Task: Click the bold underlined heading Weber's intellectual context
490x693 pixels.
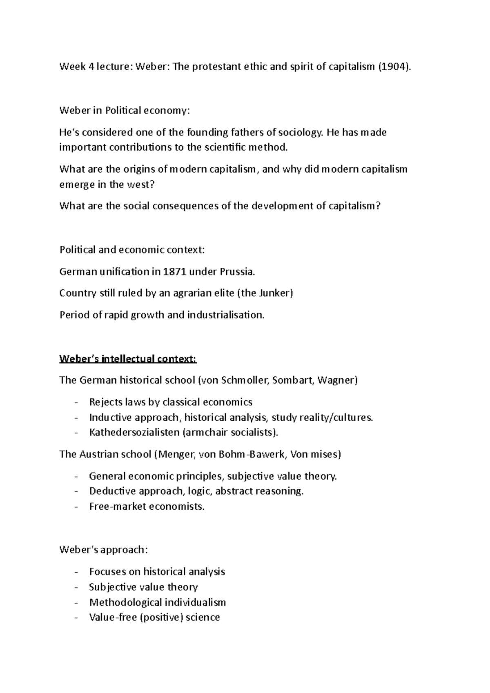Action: [128, 359]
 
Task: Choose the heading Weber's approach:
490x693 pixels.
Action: [104, 550]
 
